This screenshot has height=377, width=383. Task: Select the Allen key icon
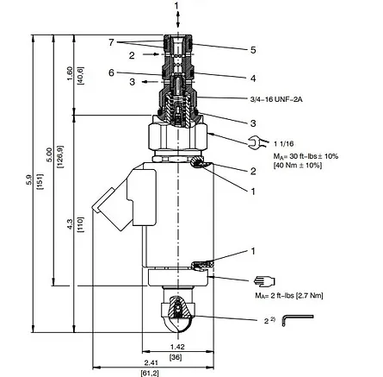click(x=298, y=320)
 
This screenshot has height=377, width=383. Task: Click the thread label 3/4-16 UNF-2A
click(x=276, y=99)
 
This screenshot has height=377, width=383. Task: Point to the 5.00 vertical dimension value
click(x=49, y=154)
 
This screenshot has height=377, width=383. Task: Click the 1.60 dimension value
click(x=70, y=73)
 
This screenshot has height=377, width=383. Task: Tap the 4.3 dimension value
click(x=70, y=224)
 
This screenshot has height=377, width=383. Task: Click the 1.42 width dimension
click(x=177, y=347)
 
